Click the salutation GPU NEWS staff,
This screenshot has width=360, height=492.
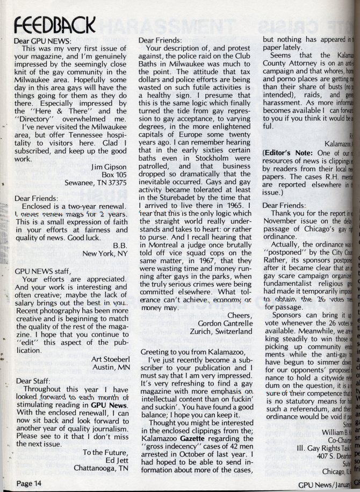click(x=42, y=272)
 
